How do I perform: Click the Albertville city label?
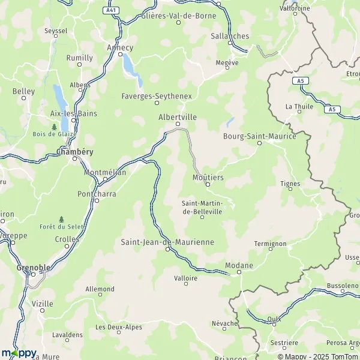point(177,118)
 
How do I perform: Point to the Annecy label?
point(119,47)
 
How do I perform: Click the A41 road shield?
point(110,10)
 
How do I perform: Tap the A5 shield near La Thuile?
point(299,80)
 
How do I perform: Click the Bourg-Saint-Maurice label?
point(259,136)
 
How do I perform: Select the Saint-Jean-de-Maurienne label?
point(167,242)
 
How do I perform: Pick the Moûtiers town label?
point(208,178)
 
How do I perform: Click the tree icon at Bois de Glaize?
point(55,127)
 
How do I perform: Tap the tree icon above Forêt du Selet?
point(61,219)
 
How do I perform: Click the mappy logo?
point(19,352)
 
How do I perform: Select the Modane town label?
point(239,265)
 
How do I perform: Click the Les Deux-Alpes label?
point(119,327)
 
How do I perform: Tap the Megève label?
point(227,62)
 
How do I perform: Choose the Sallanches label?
point(230,36)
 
